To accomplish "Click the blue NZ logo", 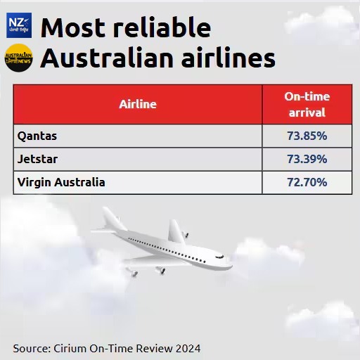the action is [x=19, y=25].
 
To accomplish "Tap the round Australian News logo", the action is [x=19, y=58].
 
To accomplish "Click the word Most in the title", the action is [x=73, y=27].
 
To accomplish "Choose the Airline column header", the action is [x=138, y=104].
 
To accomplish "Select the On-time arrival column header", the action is [x=307, y=104].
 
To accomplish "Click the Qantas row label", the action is [x=37, y=136].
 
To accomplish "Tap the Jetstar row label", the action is [x=37, y=159].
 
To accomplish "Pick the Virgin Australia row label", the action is [x=61, y=182].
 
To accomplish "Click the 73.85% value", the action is [x=307, y=136].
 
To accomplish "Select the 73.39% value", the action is [x=307, y=159].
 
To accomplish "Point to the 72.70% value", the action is [x=307, y=182].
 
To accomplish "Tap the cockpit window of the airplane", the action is [x=220, y=257].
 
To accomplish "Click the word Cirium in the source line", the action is [x=70, y=349].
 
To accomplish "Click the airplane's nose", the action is [x=230, y=266].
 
